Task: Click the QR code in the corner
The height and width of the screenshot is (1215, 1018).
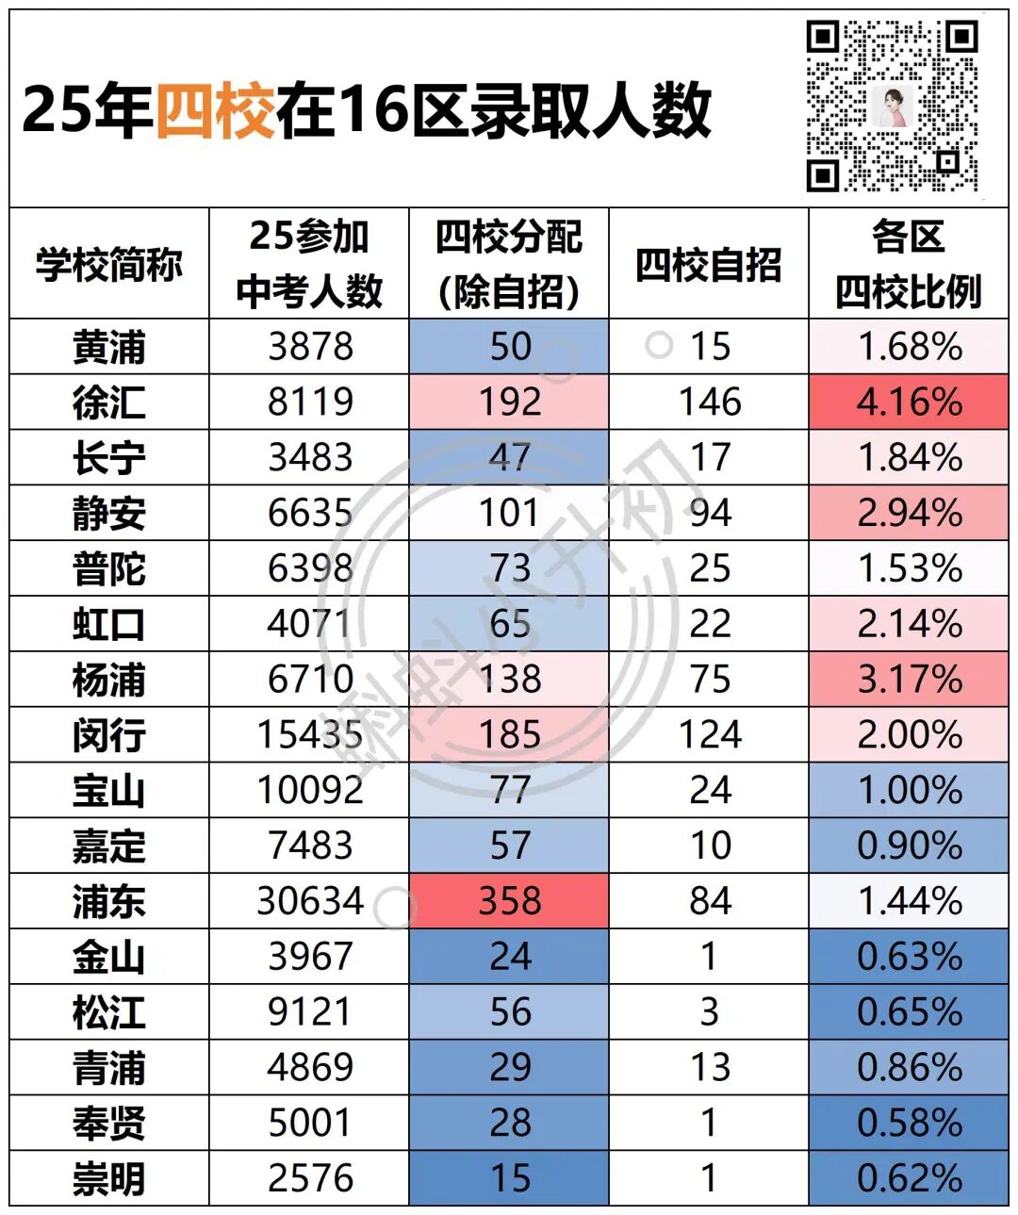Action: (x=892, y=106)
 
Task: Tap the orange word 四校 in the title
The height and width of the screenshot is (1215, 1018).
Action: (x=215, y=110)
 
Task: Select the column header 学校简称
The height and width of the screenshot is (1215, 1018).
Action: (x=109, y=264)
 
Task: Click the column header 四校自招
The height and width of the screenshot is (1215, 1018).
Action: (x=709, y=264)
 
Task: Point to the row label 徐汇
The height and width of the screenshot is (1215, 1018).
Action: (x=109, y=402)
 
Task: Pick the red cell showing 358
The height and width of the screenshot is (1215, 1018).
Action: (x=509, y=901)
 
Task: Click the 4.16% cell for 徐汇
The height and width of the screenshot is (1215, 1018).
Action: (x=909, y=402)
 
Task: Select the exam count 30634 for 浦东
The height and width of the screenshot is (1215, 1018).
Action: (x=309, y=901)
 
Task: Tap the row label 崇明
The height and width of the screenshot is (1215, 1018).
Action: (x=109, y=1178)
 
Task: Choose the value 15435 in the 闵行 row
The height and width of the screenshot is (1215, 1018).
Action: (x=309, y=734)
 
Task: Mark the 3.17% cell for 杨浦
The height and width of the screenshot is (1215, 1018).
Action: (x=909, y=680)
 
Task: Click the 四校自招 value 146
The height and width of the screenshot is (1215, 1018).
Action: (x=709, y=402)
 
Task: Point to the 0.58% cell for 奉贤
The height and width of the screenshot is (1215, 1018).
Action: (x=909, y=1123)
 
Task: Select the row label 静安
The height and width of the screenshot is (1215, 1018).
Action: (x=109, y=514)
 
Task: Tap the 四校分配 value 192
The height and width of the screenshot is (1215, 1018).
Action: (x=509, y=402)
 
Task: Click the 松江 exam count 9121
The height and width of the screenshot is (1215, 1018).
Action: (x=309, y=1012)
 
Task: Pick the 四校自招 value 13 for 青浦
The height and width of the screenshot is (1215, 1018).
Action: (x=709, y=1067)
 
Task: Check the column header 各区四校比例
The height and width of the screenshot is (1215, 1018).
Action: (x=909, y=264)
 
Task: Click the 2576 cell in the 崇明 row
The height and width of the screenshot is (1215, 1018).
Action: (x=309, y=1178)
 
